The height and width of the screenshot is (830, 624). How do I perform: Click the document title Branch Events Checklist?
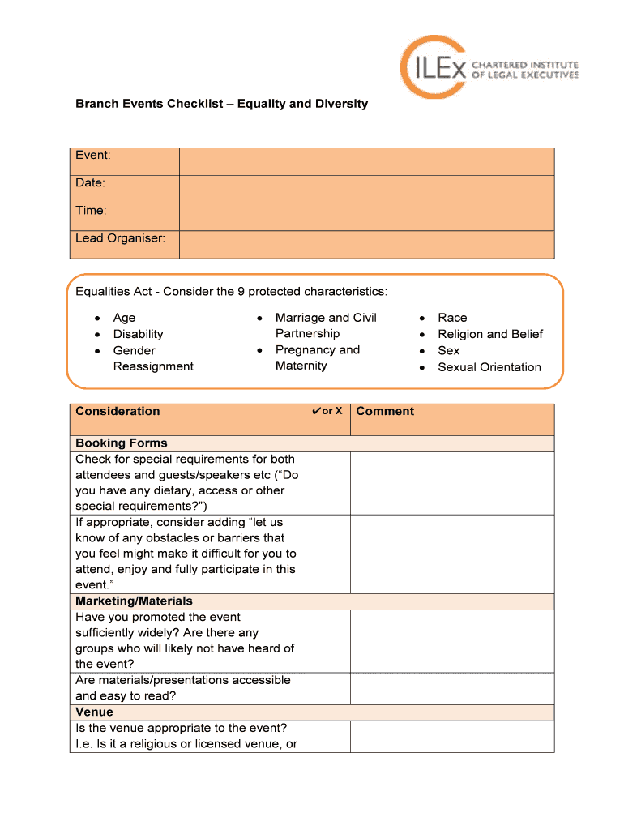(x=221, y=104)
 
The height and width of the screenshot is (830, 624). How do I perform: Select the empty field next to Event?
(x=366, y=161)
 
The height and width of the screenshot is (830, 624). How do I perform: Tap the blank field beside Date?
(x=366, y=189)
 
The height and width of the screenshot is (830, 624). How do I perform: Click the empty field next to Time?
(x=366, y=216)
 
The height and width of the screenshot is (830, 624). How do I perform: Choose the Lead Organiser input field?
(x=366, y=244)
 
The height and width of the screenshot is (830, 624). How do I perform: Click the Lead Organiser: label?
(x=120, y=238)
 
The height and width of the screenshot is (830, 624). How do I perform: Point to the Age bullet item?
(x=124, y=318)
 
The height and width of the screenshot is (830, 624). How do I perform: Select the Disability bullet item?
(x=138, y=334)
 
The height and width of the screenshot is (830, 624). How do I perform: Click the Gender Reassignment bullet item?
(x=152, y=358)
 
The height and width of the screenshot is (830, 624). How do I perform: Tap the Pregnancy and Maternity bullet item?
(x=317, y=357)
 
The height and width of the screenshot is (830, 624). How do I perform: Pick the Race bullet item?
(x=452, y=318)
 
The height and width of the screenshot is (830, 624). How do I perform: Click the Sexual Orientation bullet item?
(x=489, y=367)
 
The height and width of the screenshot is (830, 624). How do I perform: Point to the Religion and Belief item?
(x=489, y=334)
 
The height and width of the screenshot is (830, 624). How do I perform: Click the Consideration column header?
(x=118, y=411)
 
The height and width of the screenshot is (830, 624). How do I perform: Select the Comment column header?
(x=385, y=411)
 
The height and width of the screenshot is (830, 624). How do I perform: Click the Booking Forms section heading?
(x=122, y=443)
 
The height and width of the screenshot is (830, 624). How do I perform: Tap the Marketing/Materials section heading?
(x=134, y=601)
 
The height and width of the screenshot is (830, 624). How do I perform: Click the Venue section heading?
(x=94, y=712)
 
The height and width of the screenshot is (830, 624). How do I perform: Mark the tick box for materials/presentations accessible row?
(x=327, y=688)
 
